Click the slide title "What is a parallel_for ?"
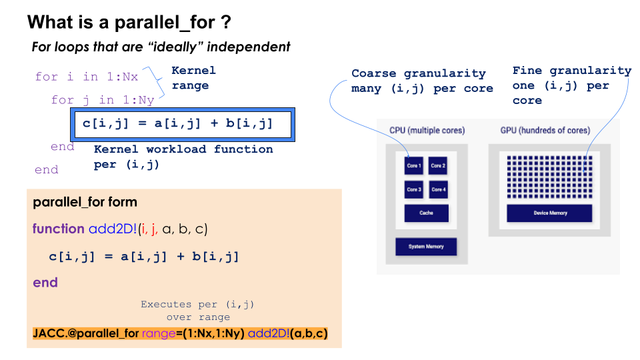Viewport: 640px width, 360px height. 129,23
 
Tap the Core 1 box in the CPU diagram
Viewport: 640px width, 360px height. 414,165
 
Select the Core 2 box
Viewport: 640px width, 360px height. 438,165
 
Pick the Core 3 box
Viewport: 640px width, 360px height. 414,189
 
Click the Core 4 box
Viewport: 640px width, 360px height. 438,189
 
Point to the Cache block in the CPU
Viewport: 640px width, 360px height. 426,213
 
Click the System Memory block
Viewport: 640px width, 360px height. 426,247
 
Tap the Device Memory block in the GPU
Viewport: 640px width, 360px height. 549,213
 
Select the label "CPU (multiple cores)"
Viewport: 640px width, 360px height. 427,131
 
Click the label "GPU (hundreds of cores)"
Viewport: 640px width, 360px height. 545,131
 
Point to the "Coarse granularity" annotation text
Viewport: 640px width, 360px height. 419,73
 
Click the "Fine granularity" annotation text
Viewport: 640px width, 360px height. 571,71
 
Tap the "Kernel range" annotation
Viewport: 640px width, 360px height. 193,78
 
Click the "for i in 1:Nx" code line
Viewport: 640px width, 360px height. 87,77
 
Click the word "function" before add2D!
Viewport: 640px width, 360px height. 58,229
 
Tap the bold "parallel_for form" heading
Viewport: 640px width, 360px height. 85,202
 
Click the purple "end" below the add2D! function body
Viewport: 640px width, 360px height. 45,283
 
